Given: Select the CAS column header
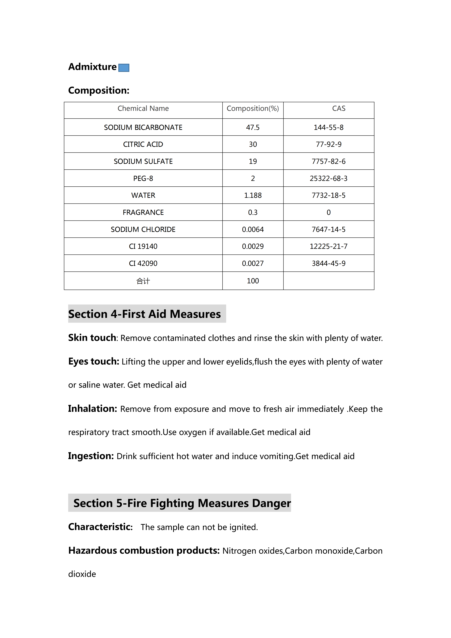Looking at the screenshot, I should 338,108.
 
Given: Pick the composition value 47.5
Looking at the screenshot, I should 253,127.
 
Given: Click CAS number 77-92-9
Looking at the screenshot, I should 329,144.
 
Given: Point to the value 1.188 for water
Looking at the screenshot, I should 253,195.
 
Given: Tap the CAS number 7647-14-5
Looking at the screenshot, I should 329,229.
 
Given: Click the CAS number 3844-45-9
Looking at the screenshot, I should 329,263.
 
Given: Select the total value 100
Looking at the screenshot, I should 253,281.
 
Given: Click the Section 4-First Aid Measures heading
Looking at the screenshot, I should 144,314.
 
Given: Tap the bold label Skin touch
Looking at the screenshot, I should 92,338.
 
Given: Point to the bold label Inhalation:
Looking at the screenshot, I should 92,409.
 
